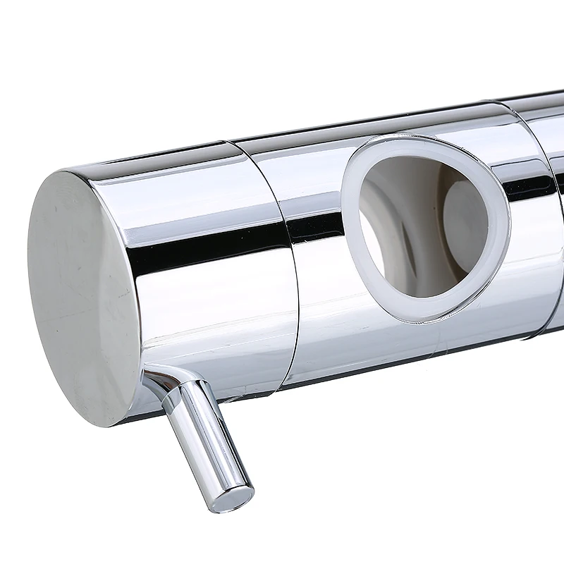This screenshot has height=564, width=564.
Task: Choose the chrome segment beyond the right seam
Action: pos(553,169)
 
